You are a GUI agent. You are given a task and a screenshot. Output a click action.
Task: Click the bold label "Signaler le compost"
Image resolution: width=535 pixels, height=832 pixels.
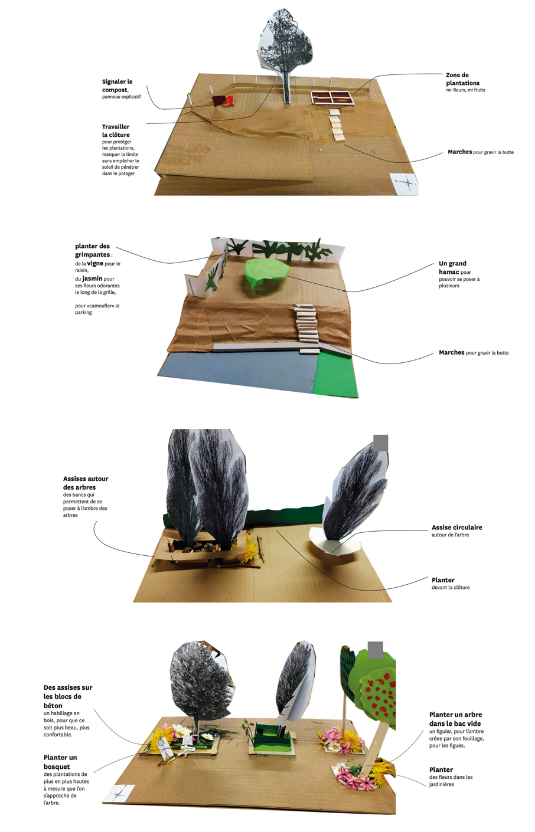(x=117, y=86)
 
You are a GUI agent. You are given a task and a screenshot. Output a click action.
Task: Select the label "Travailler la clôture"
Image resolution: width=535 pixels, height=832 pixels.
(x=116, y=131)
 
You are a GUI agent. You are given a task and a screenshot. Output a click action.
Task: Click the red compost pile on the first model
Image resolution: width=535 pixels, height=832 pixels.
(x=223, y=101)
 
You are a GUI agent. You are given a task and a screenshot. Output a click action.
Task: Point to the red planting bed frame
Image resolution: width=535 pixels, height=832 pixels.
(x=332, y=98)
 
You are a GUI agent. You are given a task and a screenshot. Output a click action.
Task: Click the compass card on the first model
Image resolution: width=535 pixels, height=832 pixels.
(x=404, y=183)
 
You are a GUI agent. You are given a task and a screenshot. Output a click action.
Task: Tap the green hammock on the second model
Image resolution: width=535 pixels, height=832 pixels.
(x=266, y=272)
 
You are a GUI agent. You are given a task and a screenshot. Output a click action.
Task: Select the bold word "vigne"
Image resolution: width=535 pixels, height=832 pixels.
(x=95, y=263)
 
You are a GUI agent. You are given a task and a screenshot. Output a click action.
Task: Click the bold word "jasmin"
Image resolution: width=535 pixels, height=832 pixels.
(x=92, y=279)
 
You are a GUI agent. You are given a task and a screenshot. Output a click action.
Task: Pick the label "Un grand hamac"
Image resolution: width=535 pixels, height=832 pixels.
(x=452, y=268)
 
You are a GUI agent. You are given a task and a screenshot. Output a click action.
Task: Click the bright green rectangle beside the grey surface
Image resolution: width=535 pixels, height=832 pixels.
(x=336, y=375)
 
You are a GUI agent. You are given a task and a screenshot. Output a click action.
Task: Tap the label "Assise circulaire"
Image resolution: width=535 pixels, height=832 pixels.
(x=456, y=527)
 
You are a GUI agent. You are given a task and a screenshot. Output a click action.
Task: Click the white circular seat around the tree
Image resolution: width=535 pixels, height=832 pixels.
(x=335, y=545)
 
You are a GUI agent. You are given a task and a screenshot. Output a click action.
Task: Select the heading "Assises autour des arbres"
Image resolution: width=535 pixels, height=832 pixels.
(x=86, y=483)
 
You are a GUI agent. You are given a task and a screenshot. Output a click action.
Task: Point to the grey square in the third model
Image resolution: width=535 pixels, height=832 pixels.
(x=380, y=443)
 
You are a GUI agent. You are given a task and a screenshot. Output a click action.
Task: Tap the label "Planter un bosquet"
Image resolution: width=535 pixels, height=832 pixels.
(x=60, y=762)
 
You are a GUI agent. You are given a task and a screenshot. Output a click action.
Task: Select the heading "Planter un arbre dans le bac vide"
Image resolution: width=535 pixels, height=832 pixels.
(x=455, y=719)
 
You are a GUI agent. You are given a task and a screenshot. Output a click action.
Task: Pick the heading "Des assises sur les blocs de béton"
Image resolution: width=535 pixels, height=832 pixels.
(x=68, y=696)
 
